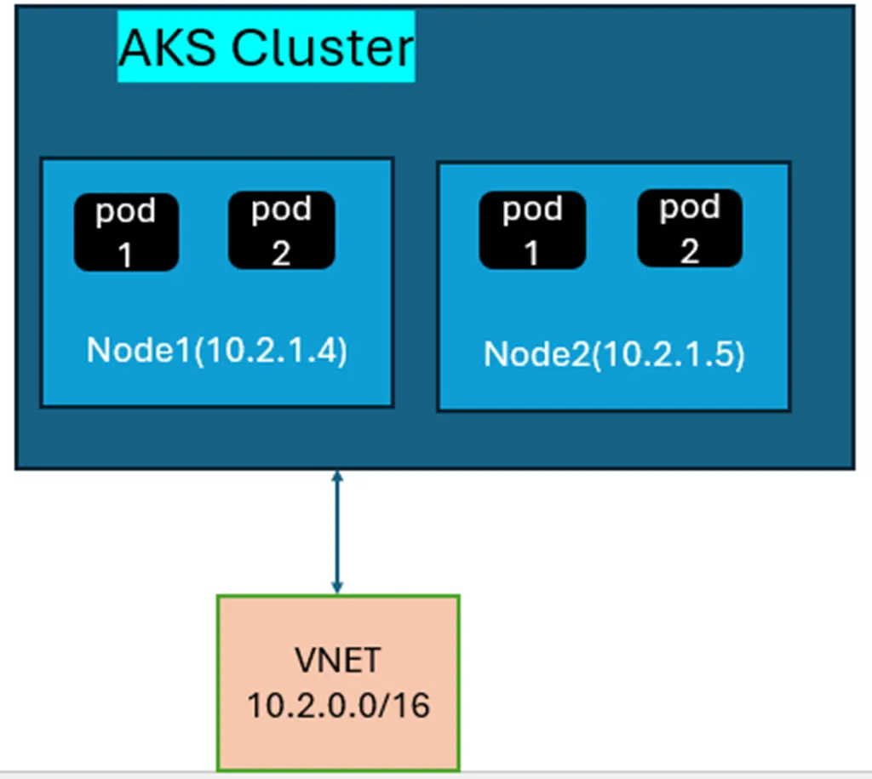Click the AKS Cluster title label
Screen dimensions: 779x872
tap(266, 47)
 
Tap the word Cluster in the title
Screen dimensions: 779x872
tap(323, 48)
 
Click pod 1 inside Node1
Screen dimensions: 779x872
tap(126, 232)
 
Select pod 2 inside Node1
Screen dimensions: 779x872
tap(281, 230)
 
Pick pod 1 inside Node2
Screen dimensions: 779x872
tap(532, 230)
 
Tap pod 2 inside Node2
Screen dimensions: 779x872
tap(690, 228)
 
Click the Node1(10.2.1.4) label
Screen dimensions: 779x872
tap(217, 351)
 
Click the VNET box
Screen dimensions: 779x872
tap(338, 682)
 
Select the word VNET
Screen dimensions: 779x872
tap(338, 660)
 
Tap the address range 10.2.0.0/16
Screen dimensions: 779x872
tap(338, 706)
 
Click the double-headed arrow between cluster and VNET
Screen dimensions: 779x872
tap(337, 532)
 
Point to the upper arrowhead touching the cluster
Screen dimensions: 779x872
tap(337, 476)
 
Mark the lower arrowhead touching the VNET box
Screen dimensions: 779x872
tap(337, 587)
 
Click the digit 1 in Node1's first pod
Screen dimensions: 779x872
tap(126, 253)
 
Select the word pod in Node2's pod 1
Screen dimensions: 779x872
tap(532, 209)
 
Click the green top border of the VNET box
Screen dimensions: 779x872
tap(338, 596)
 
